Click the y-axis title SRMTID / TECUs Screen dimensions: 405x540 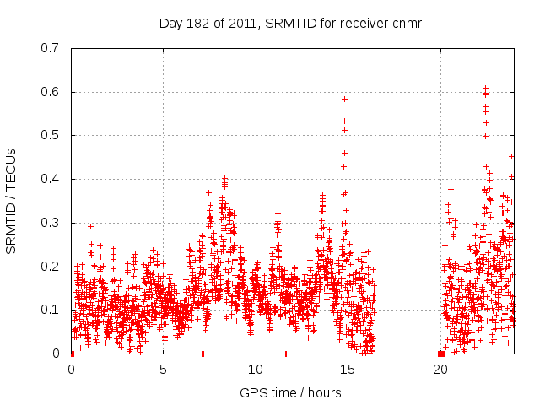(11, 200)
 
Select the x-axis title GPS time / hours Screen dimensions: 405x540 (290, 392)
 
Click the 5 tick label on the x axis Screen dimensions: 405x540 (164, 369)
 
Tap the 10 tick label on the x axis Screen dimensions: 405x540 (256, 369)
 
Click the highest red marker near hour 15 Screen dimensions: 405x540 (344, 99)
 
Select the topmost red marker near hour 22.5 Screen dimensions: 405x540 (485, 88)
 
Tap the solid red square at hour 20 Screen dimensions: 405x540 (440, 354)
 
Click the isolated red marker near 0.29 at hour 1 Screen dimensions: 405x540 (90, 226)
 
